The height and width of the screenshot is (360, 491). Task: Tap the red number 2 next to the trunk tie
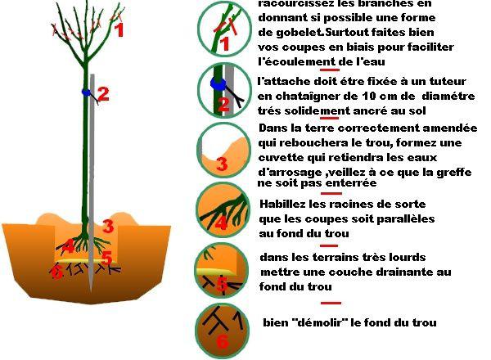click(x=103, y=94)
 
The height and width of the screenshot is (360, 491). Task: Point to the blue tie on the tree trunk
click(x=87, y=92)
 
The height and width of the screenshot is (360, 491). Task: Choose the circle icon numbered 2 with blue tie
click(x=223, y=89)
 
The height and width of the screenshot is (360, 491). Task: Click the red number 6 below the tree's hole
click(x=56, y=272)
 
